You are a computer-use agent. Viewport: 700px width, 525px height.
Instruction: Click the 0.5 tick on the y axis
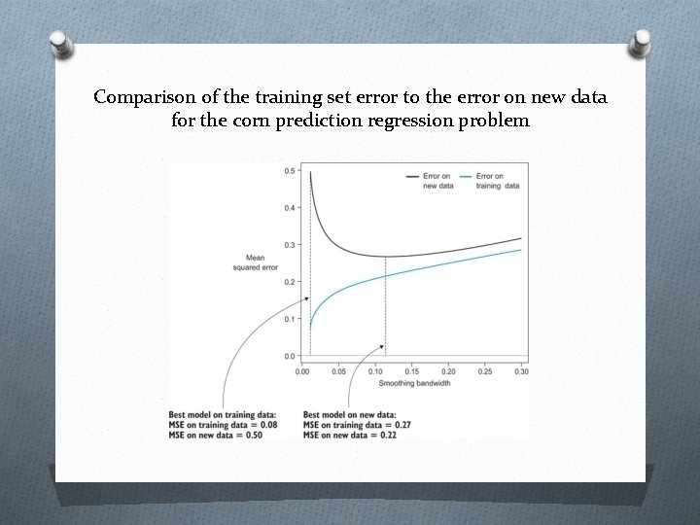(x=289, y=171)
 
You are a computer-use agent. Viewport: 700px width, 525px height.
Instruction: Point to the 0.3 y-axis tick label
(x=289, y=245)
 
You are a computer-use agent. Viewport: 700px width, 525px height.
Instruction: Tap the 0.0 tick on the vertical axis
(x=289, y=357)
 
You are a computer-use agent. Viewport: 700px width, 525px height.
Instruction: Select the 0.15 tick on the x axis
(x=411, y=371)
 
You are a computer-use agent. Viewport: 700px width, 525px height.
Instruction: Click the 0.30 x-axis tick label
(x=521, y=371)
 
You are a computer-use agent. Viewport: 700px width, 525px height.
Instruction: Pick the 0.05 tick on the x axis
(x=338, y=371)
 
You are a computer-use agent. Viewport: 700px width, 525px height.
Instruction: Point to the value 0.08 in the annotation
(x=266, y=425)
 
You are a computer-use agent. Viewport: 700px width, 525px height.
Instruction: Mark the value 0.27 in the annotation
(x=402, y=425)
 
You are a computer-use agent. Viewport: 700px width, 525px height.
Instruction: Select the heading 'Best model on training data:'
(x=223, y=415)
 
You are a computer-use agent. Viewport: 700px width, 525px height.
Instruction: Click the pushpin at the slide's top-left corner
(x=60, y=47)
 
